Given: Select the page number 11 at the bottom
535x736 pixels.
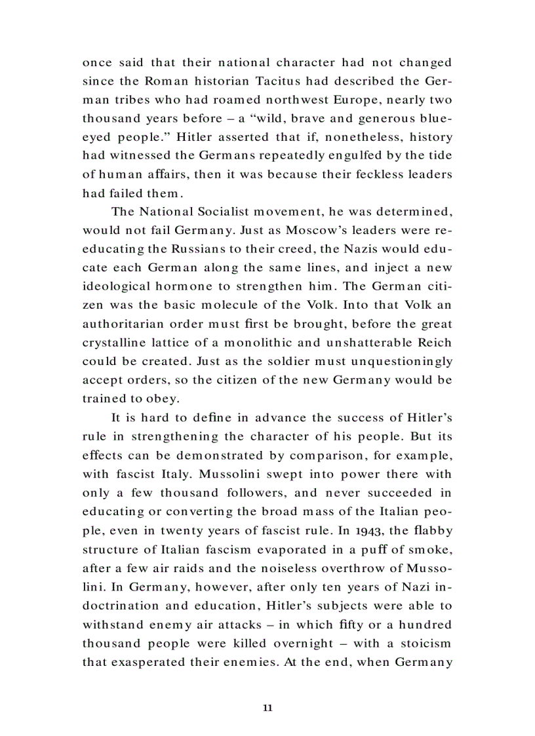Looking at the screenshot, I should [267, 707].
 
